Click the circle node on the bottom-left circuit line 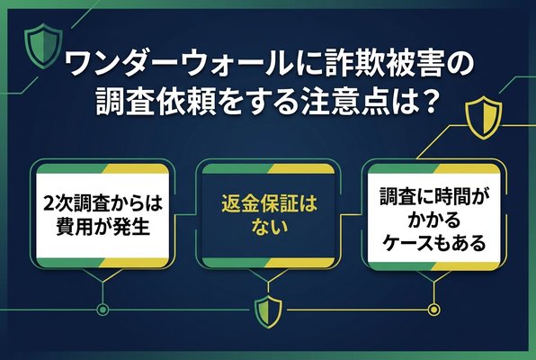[103, 311]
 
